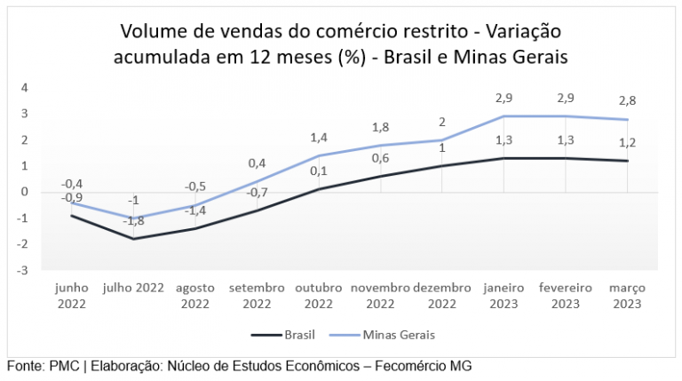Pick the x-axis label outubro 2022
[x=318, y=296]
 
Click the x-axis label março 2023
[x=627, y=296]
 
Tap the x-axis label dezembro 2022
[x=442, y=296]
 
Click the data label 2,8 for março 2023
[x=627, y=101]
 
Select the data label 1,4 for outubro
[x=318, y=138]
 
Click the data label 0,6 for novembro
[x=380, y=158]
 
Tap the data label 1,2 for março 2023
[x=627, y=143]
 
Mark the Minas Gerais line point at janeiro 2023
[x=504, y=116]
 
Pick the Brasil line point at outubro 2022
[x=318, y=189]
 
